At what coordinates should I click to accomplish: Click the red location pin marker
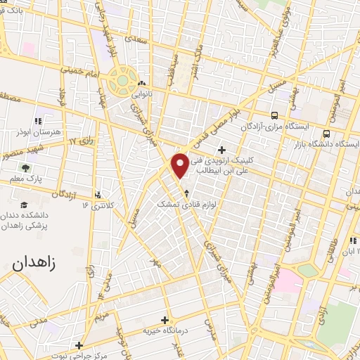point(180,165)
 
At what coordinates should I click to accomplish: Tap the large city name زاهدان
point(37,265)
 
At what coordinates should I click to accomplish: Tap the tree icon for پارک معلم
point(25,168)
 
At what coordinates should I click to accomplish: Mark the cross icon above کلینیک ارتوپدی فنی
point(222,149)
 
